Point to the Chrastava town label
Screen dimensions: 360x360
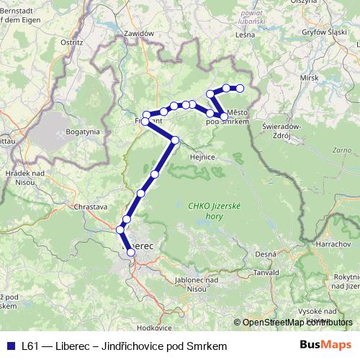(90, 206)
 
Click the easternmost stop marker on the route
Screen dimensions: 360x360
(240, 88)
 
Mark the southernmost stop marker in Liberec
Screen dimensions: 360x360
(130, 252)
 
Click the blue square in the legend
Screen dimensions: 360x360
(11, 346)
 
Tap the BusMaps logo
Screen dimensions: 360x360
(325, 345)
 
